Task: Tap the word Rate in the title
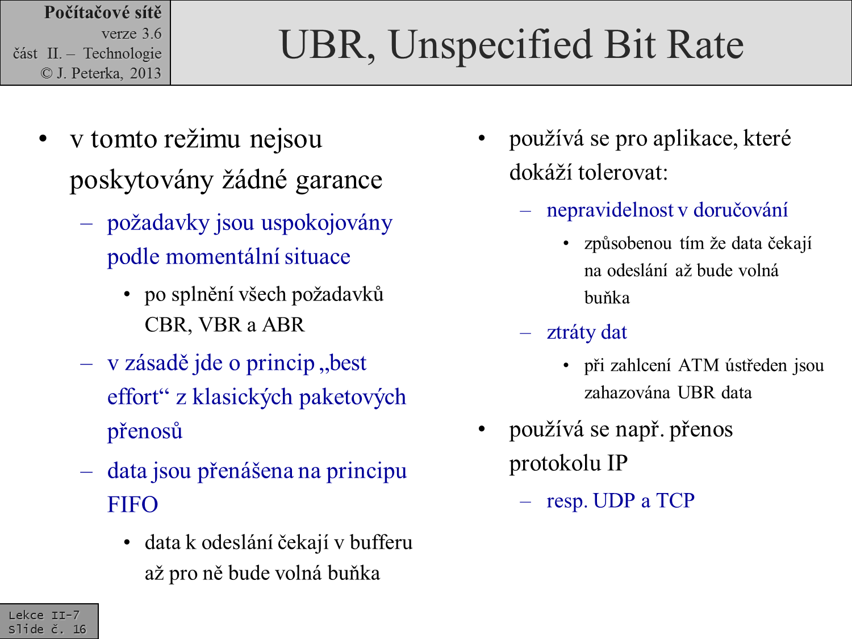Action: pos(705,44)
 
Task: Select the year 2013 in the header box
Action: pos(145,73)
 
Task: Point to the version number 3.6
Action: pos(152,34)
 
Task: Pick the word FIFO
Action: pos(132,504)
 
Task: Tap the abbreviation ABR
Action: pos(283,325)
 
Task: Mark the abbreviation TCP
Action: pos(675,500)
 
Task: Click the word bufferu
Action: pos(381,542)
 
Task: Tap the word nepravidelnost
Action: pos(610,210)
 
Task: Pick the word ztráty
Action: pos(569,332)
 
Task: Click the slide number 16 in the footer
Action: pos(80,629)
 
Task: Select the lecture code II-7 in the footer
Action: pos(65,615)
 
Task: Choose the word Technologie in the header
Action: pos(122,53)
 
